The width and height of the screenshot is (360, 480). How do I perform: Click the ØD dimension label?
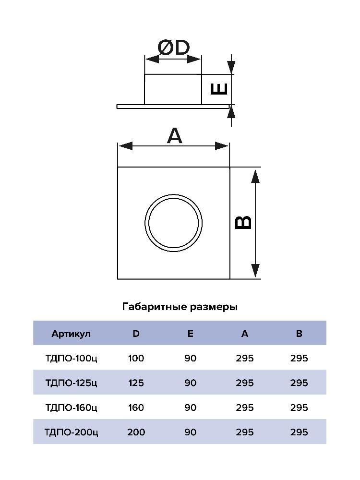pos(173,48)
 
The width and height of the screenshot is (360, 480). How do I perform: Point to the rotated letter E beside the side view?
pos(219,89)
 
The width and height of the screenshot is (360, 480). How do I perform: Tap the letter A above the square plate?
pos(175,136)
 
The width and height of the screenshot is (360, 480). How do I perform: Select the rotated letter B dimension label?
pos(243,222)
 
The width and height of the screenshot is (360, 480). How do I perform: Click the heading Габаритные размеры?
pos(180,306)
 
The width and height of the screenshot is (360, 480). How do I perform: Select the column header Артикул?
pos(71,334)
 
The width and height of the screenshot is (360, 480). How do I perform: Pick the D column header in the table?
pos(136,334)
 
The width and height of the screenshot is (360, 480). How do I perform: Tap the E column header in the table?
pos(190,334)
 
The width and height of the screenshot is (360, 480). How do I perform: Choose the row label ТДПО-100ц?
pos(71,358)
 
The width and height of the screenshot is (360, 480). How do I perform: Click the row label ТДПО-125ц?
pos(71,383)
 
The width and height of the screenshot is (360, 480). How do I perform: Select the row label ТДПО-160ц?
pos(71,408)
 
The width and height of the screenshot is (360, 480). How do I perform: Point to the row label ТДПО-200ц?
pos(71,432)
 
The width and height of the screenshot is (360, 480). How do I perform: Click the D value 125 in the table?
pos(136,383)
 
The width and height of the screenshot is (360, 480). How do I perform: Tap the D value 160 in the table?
pos(136,408)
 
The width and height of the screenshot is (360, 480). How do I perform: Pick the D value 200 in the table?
pos(136,432)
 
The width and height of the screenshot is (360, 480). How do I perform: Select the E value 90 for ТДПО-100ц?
pos(190,358)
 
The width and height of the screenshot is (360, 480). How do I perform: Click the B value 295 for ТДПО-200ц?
pos(299,432)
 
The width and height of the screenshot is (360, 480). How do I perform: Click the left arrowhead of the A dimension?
pos(125,146)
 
